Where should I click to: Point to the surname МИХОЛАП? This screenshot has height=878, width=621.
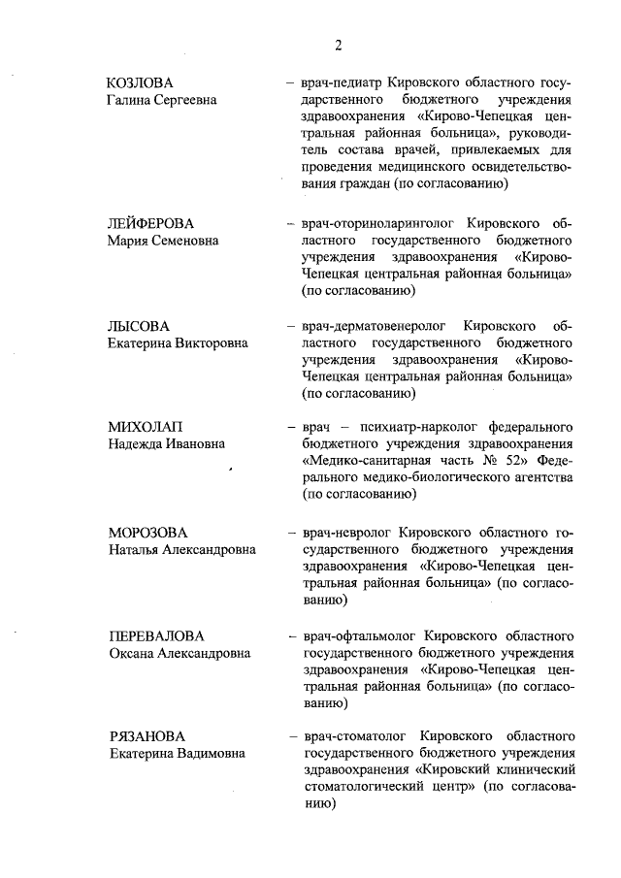coord(148,427)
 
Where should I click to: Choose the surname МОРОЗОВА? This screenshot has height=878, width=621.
coord(148,533)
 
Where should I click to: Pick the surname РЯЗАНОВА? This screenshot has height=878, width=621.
coord(147,736)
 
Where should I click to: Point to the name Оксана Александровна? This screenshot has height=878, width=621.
coord(180,653)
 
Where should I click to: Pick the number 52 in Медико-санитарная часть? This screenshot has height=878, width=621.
coord(515,462)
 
